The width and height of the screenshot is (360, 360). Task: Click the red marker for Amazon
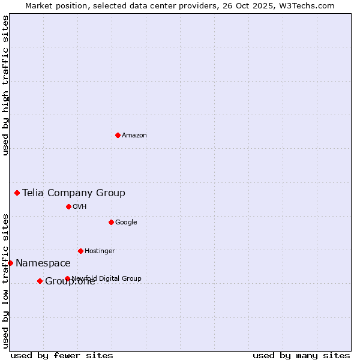[x=118, y=135]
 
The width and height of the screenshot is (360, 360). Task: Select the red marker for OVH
[x=68, y=206]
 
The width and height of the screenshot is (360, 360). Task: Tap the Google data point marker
[x=111, y=222]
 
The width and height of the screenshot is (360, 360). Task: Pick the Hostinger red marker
[x=80, y=251]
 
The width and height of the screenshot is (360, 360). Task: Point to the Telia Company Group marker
[x=17, y=193]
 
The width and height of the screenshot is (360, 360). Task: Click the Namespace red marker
[x=10, y=263]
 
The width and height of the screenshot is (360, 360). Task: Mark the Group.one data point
[x=40, y=281]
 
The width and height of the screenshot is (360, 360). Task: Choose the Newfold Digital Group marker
[x=67, y=278]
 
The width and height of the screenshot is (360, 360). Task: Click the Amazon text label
[x=134, y=136]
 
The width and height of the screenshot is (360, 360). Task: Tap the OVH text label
[x=80, y=207]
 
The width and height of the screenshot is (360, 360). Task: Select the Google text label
[x=126, y=223]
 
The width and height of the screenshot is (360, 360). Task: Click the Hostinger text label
[x=100, y=251]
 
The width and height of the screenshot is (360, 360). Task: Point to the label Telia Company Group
[x=74, y=193]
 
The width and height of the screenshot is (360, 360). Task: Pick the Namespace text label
[x=43, y=263]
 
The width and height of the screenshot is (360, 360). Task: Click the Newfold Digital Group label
[x=107, y=278]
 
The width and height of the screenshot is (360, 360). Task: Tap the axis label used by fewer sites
[x=62, y=355]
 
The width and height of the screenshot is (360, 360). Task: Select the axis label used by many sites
[x=301, y=355]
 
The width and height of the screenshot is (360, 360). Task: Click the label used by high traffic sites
[x=6, y=85]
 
